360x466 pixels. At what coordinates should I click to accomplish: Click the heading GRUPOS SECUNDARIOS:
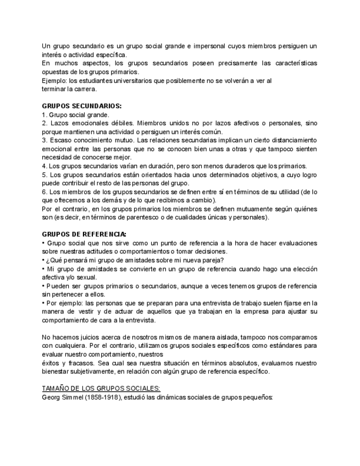(82, 106)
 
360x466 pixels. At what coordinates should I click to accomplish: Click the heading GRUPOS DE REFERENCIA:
(84, 234)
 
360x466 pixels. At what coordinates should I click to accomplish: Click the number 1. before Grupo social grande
(45, 114)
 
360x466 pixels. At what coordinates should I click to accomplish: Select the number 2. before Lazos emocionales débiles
(45, 123)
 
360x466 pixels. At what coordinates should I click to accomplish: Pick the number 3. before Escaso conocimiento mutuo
(45, 140)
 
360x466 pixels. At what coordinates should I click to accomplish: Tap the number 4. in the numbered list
(45, 166)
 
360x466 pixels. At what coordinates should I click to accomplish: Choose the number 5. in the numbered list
(45, 175)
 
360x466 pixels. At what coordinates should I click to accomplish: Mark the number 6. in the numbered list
(45, 192)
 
